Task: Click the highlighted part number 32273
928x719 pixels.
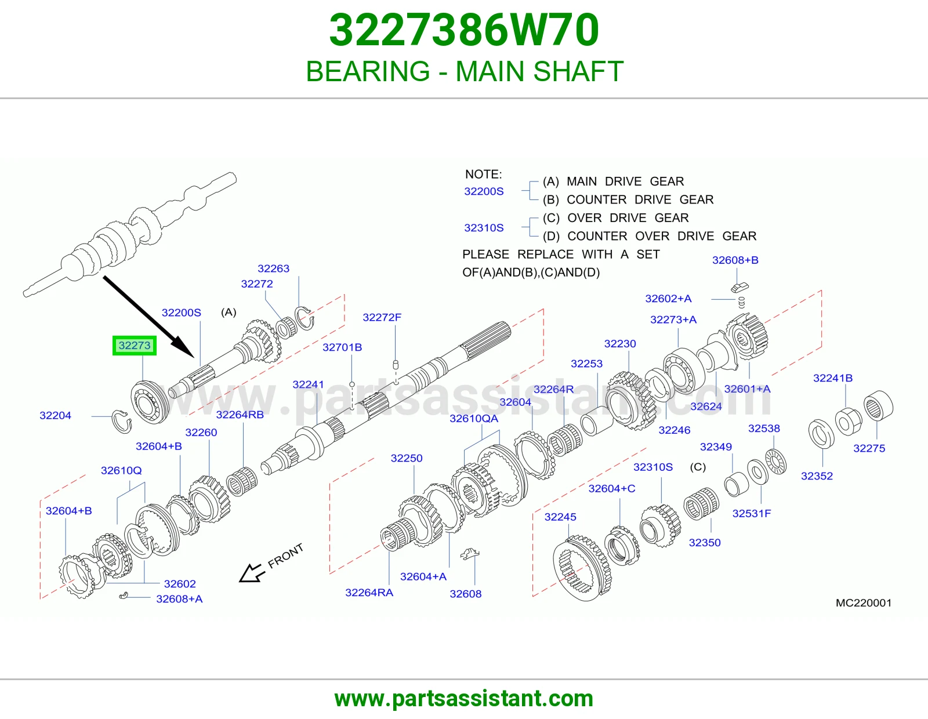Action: click(x=135, y=346)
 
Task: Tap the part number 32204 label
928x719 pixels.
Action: click(x=56, y=415)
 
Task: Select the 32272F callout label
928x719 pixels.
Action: click(x=382, y=317)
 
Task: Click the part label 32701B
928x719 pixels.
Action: click(x=342, y=347)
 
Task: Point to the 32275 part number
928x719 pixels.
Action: click(x=869, y=448)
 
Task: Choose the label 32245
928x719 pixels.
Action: click(x=560, y=517)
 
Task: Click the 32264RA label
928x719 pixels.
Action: click(x=369, y=592)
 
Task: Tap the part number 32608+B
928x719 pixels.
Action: click(x=735, y=260)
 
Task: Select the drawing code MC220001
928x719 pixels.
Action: click(x=864, y=603)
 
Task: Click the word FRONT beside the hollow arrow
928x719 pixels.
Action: click(x=285, y=556)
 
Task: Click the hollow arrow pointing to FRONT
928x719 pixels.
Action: click(x=252, y=573)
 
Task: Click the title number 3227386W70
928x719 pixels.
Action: click(x=464, y=30)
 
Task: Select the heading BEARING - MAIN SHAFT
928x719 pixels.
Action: click(x=465, y=71)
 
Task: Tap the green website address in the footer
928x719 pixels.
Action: click(x=464, y=699)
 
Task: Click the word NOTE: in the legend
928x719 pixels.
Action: click(x=484, y=174)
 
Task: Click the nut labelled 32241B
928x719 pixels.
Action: click(x=848, y=422)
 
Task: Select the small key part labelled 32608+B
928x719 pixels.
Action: click(x=739, y=287)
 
